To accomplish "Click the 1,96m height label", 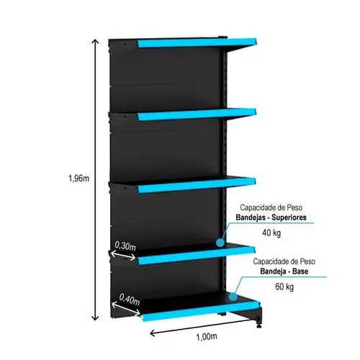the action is coord(79,179).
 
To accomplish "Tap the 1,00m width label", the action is coord(207,337).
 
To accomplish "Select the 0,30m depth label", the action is coord(125,246).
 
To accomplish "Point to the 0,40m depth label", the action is coord(130,300).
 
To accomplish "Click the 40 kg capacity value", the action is coord(271,233).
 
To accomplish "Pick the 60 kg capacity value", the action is coord(284,287).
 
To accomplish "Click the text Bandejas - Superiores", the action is coord(271,217).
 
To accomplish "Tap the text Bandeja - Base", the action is coord(284,271).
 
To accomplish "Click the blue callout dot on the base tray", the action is coord(233,297).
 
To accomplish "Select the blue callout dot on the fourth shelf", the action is coord(220,243).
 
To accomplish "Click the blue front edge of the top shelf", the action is coord(197,43).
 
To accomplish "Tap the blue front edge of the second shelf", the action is coord(197,114).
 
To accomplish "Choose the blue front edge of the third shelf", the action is coord(197,185).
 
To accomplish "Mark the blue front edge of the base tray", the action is coord(201,311).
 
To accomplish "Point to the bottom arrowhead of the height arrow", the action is coord(96,318).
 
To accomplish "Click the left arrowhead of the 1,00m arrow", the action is coord(153,333).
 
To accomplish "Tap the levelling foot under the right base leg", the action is coord(258,325).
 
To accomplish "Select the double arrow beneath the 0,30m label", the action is coord(123,256).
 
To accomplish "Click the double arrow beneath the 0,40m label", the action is coord(126,309).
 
